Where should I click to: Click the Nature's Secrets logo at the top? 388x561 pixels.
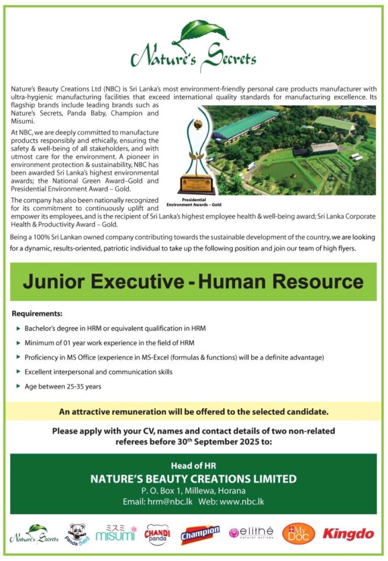(x=193, y=47)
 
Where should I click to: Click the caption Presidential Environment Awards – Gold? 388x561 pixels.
(x=197, y=203)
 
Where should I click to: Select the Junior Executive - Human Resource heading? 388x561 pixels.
(x=193, y=282)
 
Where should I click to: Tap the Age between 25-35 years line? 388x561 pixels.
(x=62, y=386)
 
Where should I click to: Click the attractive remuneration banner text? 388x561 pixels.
(x=194, y=411)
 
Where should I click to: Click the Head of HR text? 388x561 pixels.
(x=193, y=466)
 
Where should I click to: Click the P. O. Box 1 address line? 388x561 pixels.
(x=193, y=490)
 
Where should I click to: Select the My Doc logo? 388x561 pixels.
(x=299, y=533)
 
